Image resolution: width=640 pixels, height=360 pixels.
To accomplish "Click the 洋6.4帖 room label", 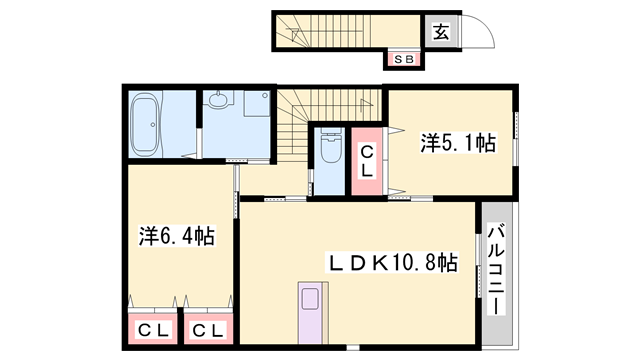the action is click(177, 236).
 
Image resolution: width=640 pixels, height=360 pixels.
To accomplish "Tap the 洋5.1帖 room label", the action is click(458, 143).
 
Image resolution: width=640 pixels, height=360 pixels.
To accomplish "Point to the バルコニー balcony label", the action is click(496, 269).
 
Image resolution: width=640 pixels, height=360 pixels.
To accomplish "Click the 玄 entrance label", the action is click(441, 32).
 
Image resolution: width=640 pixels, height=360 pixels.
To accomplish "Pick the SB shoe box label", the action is click(404, 60).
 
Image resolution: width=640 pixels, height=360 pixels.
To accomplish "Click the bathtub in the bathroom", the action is click(145, 124).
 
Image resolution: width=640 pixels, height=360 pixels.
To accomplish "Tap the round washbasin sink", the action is click(219, 100).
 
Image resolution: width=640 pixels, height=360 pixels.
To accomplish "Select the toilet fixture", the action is click(331, 146).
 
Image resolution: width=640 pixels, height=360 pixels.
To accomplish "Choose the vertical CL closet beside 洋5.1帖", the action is click(367, 161).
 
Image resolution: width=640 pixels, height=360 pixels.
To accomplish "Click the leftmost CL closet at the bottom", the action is click(153, 329).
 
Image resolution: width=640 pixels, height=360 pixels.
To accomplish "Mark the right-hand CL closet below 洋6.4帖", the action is click(208, 329).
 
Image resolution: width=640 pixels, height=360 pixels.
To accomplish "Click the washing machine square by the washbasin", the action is click(257, 104).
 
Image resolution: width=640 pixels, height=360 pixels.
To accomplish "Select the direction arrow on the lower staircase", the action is click(367, 105).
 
